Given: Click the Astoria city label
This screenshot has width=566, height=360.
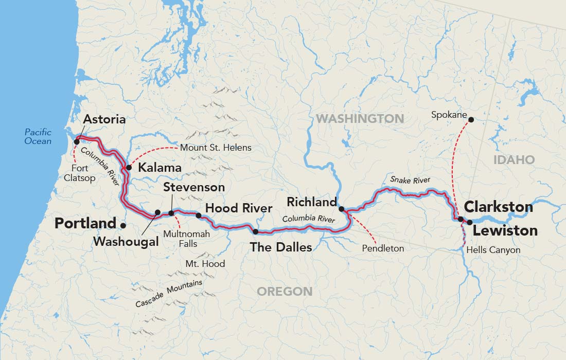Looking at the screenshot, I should click(104, 119).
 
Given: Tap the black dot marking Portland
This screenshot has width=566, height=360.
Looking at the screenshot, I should click(122, 225).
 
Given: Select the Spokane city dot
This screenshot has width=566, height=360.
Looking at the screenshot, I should click(470, 119).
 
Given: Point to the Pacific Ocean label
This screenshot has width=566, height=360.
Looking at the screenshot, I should click(38, 136).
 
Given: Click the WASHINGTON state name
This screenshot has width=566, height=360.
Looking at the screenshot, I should click(360, 119).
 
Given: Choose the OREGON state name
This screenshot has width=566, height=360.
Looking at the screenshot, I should click(285, 292).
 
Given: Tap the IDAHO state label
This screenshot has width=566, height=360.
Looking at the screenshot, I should click(514, 160).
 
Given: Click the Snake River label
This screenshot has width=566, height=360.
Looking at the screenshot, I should click(410, 179).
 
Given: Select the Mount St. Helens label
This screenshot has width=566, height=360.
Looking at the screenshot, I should click(216, 148).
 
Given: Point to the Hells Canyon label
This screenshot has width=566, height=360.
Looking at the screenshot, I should click(493, 250).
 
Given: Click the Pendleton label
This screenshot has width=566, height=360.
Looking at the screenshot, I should click(383, 248).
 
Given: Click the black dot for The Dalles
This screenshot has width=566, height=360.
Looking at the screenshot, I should click(256, 232).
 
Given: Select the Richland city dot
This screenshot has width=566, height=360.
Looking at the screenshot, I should click(341, 209).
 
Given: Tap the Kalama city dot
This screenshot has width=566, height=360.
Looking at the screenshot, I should click(129, 168).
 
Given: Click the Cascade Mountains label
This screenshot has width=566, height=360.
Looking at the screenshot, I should click(169, 294).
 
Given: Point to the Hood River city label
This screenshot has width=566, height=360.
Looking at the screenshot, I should click(238, 208).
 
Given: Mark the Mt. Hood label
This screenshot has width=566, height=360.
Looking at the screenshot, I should click(205, 264).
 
